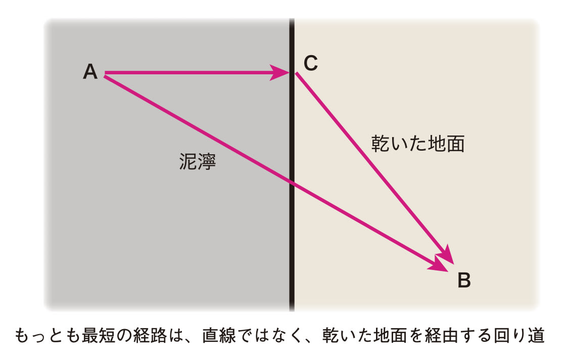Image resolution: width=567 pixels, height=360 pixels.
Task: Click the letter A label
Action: point(90,72)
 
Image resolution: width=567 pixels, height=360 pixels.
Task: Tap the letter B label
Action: point(464,280)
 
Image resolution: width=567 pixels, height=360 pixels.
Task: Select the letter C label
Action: point(311,63)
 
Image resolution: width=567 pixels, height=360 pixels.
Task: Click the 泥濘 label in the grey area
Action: point(198,162)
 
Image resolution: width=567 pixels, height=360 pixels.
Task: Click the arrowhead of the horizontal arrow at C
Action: point(281,73)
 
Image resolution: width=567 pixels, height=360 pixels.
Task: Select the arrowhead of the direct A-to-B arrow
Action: point(440,265)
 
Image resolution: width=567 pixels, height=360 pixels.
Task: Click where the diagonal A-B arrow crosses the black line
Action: point(292,182)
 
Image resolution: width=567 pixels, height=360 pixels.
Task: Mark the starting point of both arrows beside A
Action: point(105,75)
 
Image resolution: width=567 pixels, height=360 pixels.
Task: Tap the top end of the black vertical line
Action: point(292,20)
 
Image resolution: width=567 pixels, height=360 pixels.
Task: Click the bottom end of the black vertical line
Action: point(292,309)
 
